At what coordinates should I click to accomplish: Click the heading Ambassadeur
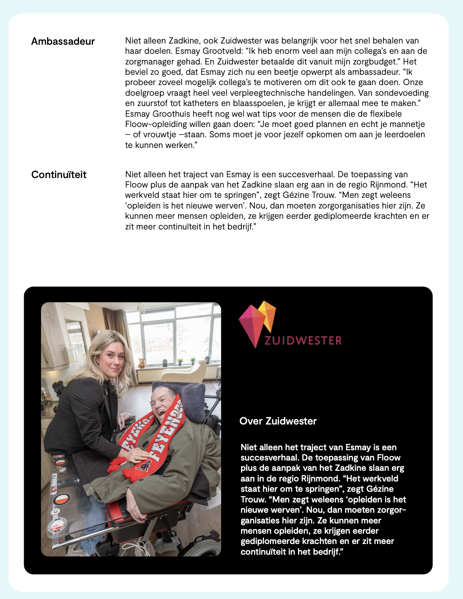[x=63, y=42]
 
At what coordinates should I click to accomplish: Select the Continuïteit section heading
[x=59, y=175]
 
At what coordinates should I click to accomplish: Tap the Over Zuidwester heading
[x=278, y=421]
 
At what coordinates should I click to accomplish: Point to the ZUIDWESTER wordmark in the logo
[x=303, y=341]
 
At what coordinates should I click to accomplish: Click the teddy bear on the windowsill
[x=142, y=362]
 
